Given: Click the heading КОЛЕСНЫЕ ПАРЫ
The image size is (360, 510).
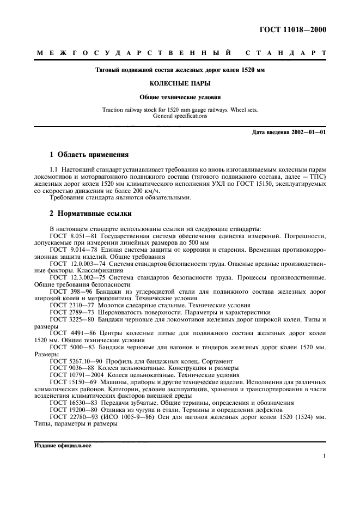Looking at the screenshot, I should tap(180, 84).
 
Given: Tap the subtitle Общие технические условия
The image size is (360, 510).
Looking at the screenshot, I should tap(180, 97).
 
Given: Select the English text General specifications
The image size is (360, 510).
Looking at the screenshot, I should tap(180, 116).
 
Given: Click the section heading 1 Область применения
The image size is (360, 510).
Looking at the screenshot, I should tap(89, 154).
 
